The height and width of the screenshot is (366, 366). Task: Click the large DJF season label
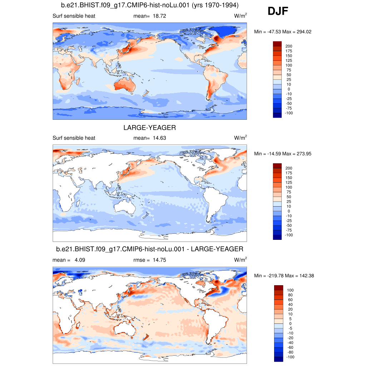pos(278,12)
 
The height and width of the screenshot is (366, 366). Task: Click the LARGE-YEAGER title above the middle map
pos(150,128)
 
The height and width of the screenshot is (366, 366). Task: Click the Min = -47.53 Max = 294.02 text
pos(282,32)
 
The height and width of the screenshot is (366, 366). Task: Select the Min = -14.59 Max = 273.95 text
pos(282,154)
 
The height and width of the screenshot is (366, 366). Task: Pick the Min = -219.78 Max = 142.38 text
pos(284,276)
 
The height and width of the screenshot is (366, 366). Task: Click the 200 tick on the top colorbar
pos(288,46)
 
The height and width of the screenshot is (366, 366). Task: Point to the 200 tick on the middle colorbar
pos(288,168)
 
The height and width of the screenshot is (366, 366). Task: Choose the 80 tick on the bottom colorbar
pos(290,295)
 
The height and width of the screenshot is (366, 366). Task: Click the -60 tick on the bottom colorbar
pos(290,347)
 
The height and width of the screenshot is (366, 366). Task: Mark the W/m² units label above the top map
pos(240,16)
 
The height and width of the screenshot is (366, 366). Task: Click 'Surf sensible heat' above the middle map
pos(74,138)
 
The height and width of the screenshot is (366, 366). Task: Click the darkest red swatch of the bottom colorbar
pos(278,288)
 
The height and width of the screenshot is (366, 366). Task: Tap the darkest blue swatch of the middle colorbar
pos(277,237)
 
